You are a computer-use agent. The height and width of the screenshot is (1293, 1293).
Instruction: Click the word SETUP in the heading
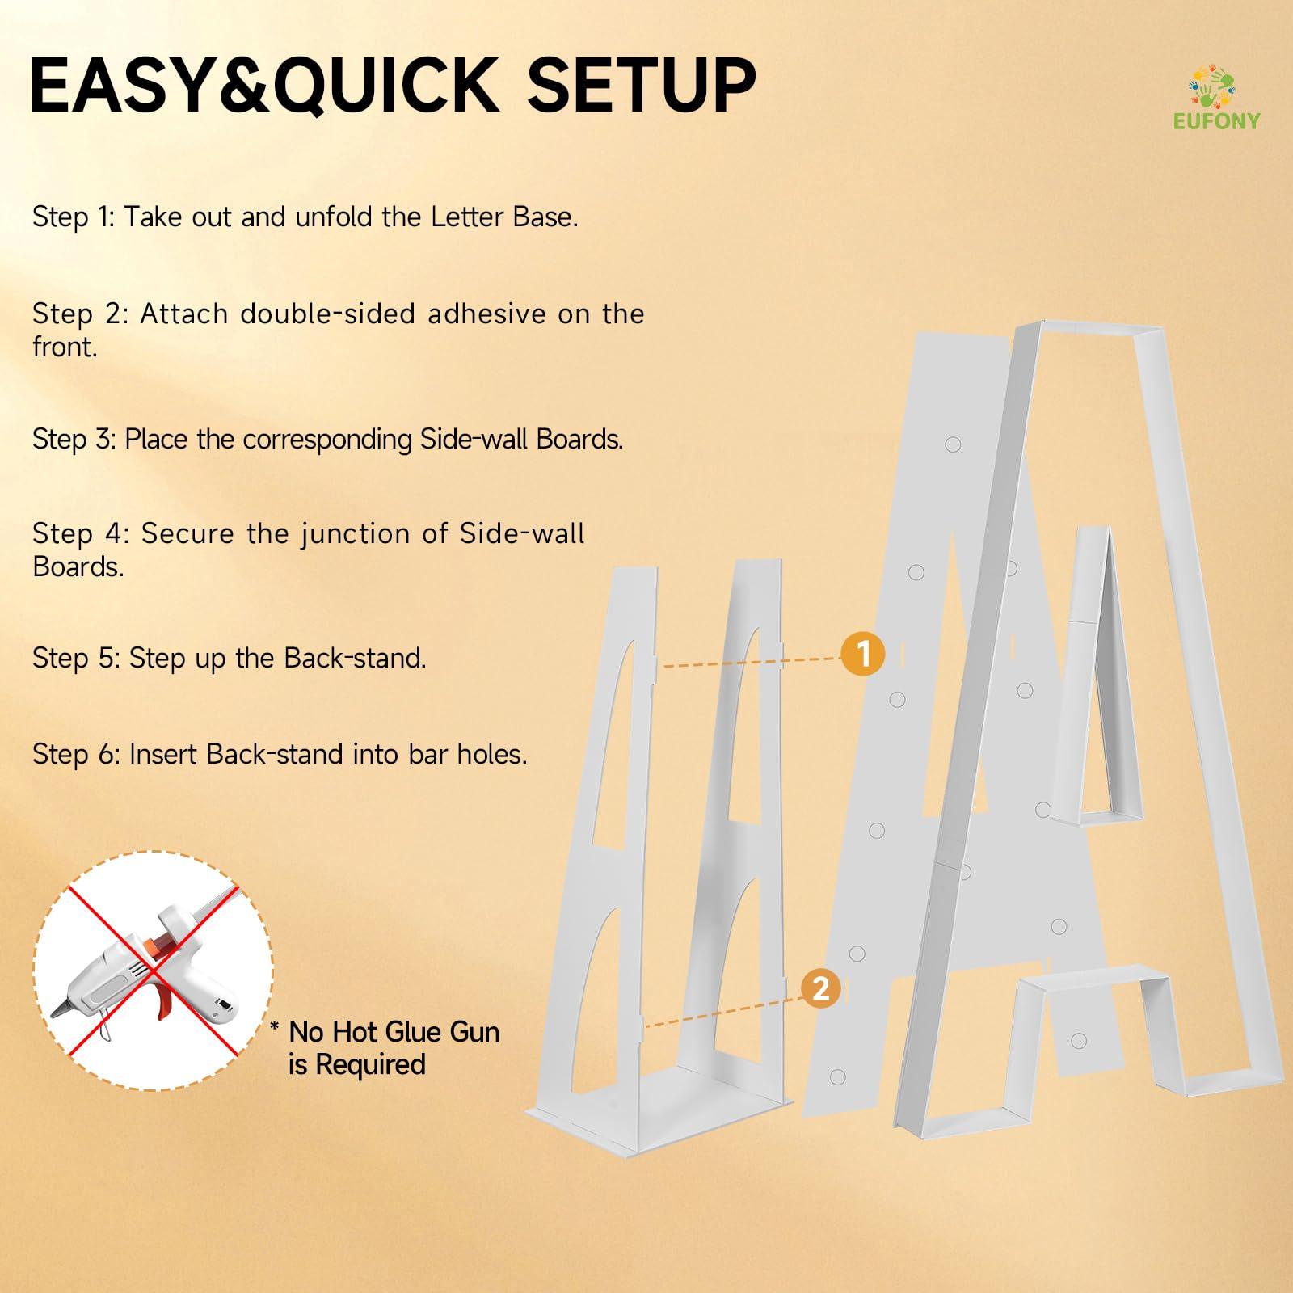(642, 85)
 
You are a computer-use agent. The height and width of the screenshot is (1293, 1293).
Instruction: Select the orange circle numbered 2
(821, 988)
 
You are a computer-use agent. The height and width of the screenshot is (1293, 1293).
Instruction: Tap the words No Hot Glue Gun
(394, 1032)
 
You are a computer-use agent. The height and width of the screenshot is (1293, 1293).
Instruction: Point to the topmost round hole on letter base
(953, 444)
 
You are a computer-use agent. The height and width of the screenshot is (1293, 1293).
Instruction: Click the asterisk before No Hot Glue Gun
(275, 1028)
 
